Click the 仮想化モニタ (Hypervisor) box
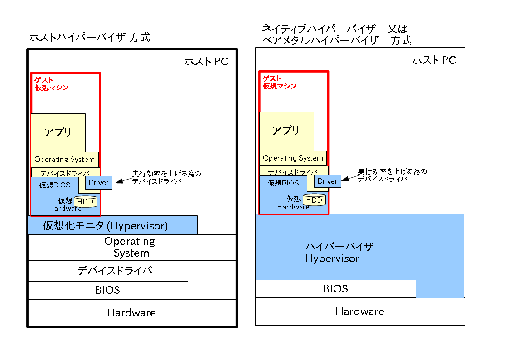(x=112, y=225)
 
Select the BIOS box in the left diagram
(x=108, y=290)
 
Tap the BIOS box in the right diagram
(x=335, y=289)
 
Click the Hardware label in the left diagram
(x=131, y=313)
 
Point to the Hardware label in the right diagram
(x=360, y=311)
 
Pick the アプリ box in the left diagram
(x=58, y=132)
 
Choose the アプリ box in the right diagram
(x=286, y=131)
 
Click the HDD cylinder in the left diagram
(x=85, y=202)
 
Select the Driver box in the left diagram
(x=98, y=183)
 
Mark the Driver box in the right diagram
(x=327, y=181)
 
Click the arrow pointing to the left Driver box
(x=120, y=181)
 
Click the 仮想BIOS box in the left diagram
(x=56, y=185)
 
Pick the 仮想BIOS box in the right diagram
(x=284, y=184)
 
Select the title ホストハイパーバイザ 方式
(x=89, y=38)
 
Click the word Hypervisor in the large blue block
(x=332, y=259)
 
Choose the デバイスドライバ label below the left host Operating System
(x=114, y=271)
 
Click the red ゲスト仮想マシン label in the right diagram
(x=280, y=83)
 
